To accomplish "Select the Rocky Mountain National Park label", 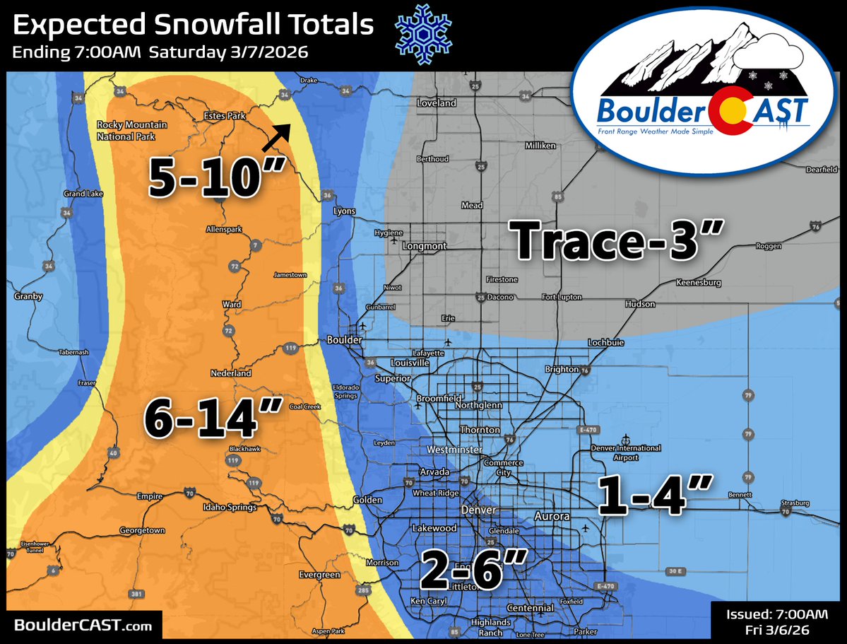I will click(131, 129).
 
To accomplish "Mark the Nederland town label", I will click(231, 373).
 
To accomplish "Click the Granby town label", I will click(28, 297).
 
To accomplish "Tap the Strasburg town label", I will click(794, 504).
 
